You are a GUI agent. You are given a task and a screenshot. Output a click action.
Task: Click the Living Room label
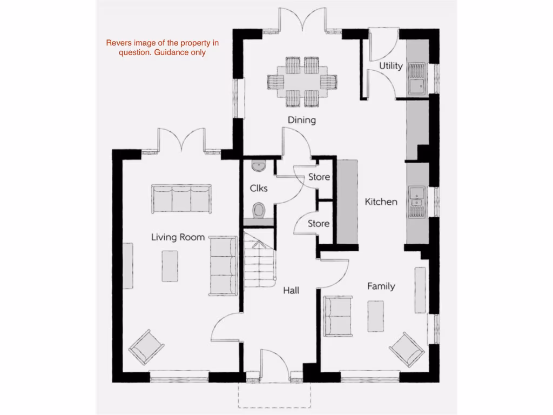pos(178,237)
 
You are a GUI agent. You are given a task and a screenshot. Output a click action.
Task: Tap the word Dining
pos(301,120)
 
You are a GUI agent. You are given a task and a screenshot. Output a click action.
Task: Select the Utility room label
pos(390,66)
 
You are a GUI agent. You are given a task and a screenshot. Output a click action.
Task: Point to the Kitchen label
pos(381,202)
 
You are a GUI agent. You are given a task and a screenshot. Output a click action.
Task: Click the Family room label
pos(381,286)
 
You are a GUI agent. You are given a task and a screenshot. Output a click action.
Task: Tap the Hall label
pos(291,291)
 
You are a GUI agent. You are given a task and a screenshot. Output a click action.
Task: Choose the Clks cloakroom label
pos(259,189)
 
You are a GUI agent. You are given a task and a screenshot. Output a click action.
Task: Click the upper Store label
pos(319,177)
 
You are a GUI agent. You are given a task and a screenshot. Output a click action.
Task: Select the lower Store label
pos(319,223)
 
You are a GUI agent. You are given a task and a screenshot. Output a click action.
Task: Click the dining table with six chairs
pos(302,81)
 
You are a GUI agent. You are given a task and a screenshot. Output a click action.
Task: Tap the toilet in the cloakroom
pos(259,210)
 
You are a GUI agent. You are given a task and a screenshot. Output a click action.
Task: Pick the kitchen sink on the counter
pos(417,202)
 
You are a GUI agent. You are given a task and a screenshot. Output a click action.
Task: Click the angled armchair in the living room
pos(146,346)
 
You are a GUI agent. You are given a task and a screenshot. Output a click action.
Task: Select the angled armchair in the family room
pos(407,349)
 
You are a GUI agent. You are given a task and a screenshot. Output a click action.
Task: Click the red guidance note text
pos(162,48)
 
